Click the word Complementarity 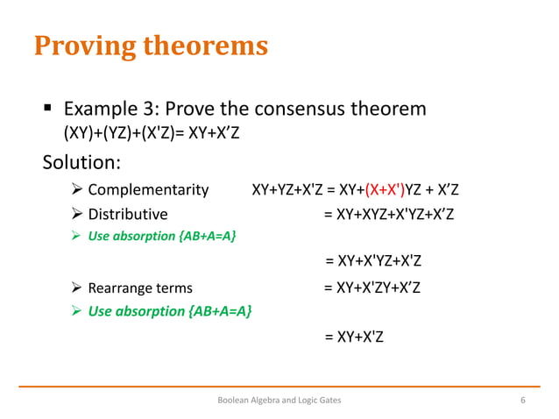[x=148, y=189]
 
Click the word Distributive [x=128, y=214]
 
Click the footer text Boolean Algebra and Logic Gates [x=279, y=401]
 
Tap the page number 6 [x=522, y=401]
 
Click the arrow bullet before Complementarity [x=76, y=190]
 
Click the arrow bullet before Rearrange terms [x=76, y=288]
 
